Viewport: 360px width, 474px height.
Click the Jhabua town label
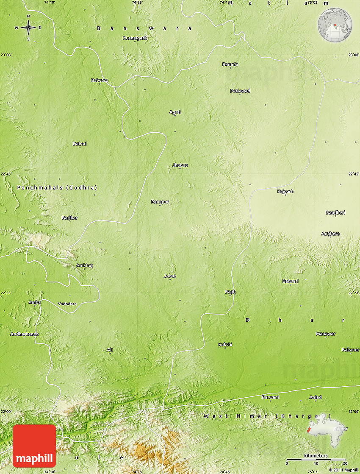tap(180, 165)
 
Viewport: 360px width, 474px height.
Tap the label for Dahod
tap(80, 144)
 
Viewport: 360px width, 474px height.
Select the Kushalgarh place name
tap(135, 38)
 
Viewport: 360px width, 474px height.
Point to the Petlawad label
tap(240, 91)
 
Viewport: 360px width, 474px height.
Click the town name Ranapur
tap(160, 202)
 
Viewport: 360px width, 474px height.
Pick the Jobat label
tap(170, 276)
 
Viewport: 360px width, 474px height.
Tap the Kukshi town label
tap(225, 344)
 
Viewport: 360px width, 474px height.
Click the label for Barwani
tap(270, 397)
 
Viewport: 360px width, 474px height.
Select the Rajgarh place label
tap(285, 192)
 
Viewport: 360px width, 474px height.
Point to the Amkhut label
tap(85, 265)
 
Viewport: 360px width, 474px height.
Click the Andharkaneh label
tap(25, 334)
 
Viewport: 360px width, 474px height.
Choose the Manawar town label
tap(325, 334)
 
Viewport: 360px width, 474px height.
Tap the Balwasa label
tap(100, 80)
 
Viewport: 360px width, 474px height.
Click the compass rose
tap(28, 28)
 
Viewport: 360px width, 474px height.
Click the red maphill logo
tap(34, 446)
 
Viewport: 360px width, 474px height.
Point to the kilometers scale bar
tap(316, 459)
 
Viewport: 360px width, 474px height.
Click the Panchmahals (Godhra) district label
tap(57, 187)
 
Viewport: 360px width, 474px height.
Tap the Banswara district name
tap(144, 28)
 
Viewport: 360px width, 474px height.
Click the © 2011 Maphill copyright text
tap(343, 470)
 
